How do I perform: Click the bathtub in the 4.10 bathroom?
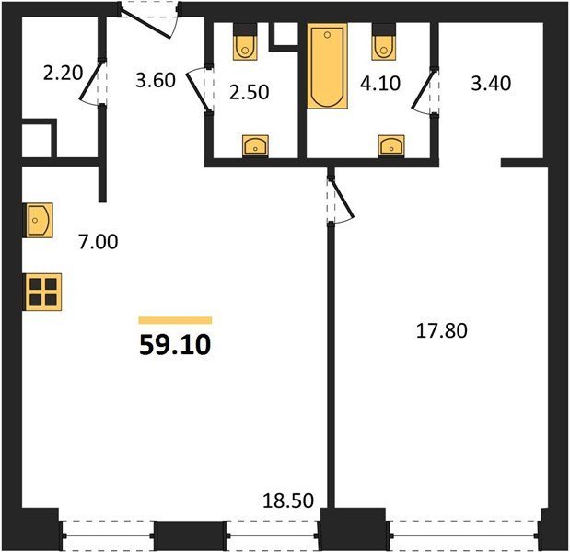pos(327,65)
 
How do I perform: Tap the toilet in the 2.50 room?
pos(245,41)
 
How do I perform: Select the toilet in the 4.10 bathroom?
pos(383,41)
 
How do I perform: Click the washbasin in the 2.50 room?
pos(256,146)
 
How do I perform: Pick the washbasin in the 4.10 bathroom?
pos(391,146)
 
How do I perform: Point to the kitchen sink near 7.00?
pos(38,221)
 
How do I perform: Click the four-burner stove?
pos(42,292)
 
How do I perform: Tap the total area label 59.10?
pos(175,345)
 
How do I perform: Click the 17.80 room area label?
pos(442,331)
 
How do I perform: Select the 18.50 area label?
pos(288,500)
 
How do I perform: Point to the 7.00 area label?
pos(99,242)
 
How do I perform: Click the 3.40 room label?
pos(491,83)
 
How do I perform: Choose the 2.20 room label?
pos(63,73)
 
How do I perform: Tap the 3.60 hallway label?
pos(156,81)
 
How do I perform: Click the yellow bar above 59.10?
pos(175,320)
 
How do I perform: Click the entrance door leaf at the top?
pos(145,25)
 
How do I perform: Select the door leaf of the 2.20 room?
pos(90,81)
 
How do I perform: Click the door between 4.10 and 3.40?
pos(424,90)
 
